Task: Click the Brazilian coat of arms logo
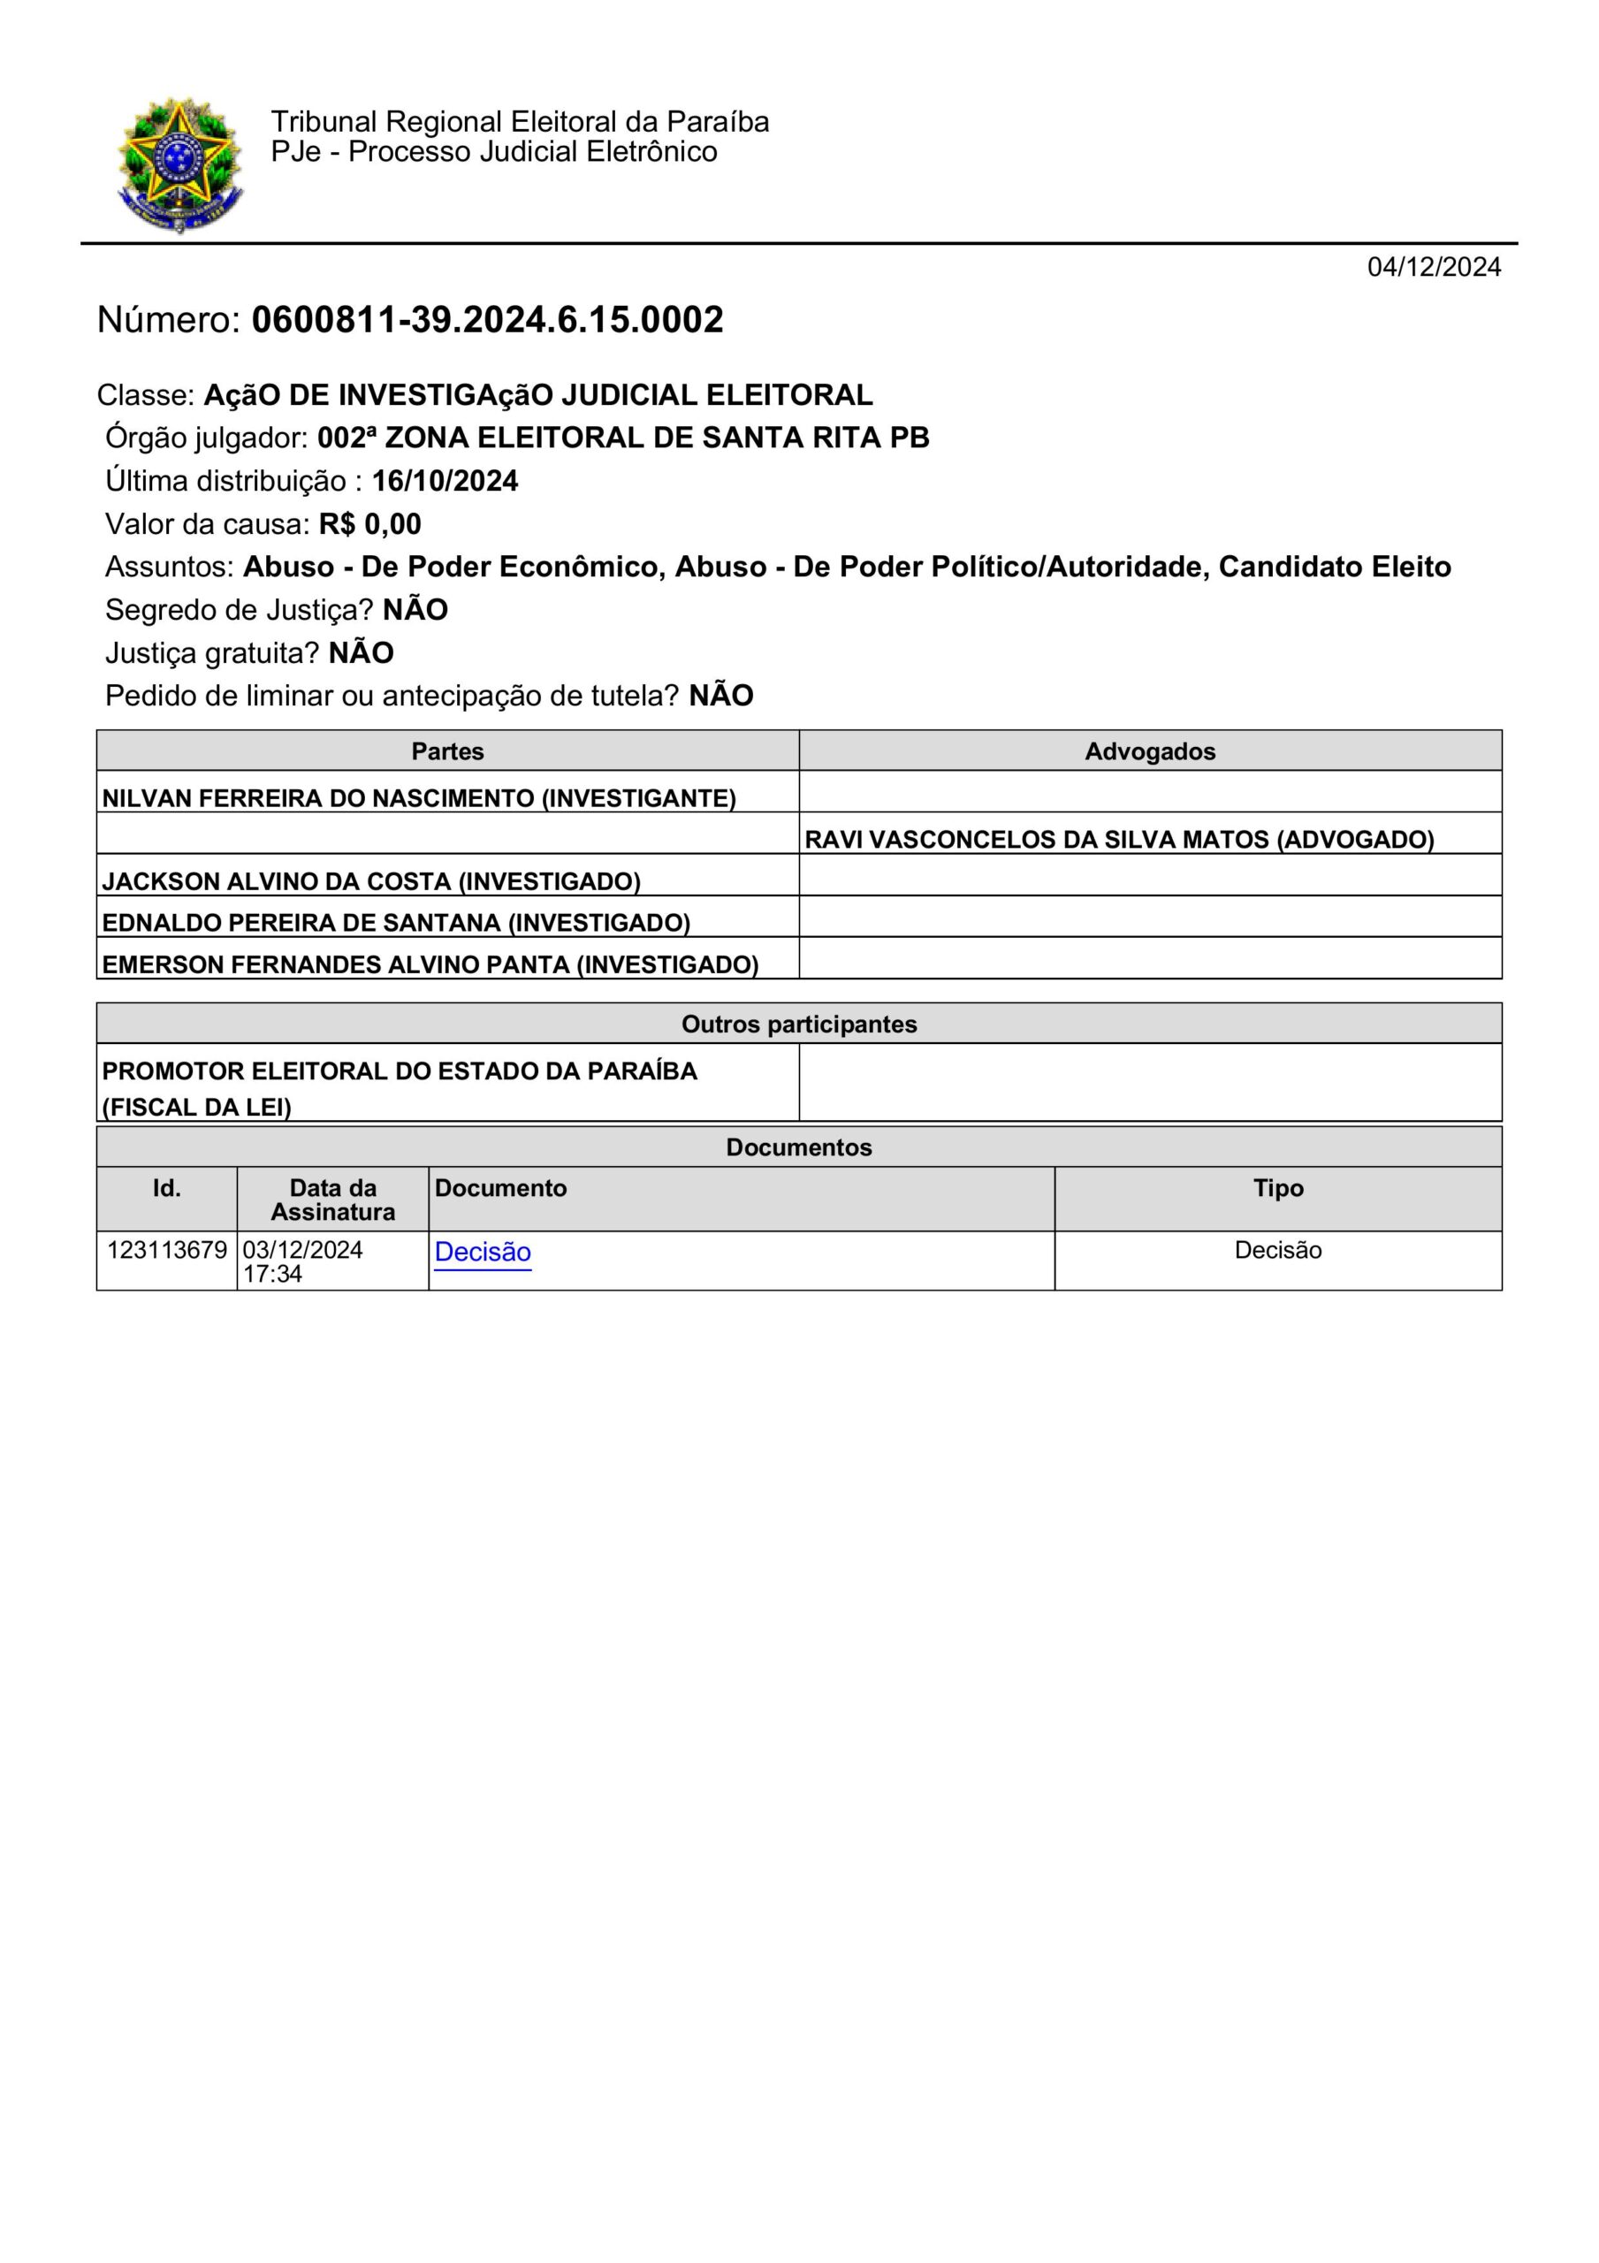[179, 164]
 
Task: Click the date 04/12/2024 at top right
[1433, 267]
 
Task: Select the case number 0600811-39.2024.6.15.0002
[487, 320]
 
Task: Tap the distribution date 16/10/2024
[445, 481]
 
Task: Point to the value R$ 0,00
[369, 524]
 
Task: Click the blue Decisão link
[482, 1252]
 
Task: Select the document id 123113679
[166, 1250]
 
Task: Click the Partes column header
[447, 751]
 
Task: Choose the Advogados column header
[1149, 751]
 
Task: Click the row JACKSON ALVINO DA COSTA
[370, 881]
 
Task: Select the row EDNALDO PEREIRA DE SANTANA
[395, 923]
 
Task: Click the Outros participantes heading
[798, 1024]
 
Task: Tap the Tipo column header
[1277, 1188]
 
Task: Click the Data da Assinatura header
[332, 1200]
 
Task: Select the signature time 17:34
[272, 1275]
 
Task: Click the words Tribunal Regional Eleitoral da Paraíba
[520, 122]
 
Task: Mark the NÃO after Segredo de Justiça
[415, 610]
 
